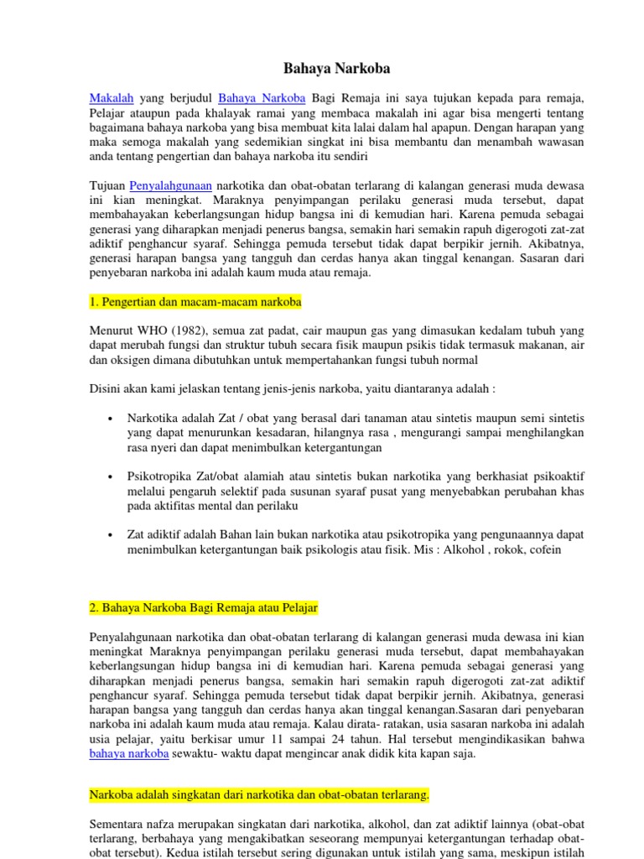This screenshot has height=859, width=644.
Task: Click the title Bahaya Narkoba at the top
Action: point(325,68)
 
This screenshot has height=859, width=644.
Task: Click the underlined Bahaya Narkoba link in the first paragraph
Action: point(262,98)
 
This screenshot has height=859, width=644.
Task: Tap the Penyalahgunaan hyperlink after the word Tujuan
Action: point(171,185)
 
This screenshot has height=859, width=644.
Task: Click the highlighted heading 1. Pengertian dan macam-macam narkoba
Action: point(195,300)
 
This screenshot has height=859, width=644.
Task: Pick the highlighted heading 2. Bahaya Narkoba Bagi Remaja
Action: point(204,607)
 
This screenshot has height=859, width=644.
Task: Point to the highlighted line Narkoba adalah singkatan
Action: point(259,794)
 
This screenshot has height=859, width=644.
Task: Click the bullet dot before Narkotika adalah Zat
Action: point(112,418)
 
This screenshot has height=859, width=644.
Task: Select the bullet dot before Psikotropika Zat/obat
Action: point(112,476)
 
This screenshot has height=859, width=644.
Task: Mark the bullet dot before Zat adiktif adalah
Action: point(112,535)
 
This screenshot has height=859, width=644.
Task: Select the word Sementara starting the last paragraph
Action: point(117,824)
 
